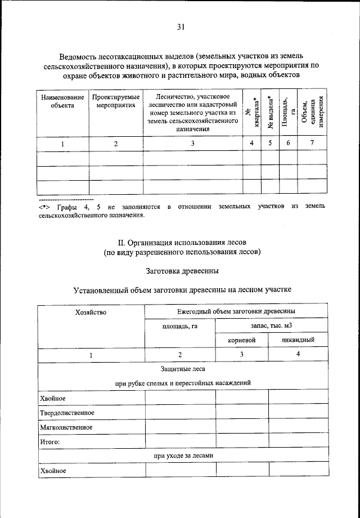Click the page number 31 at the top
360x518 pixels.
[x=181, y=27]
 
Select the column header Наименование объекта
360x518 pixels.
[x=62, y=101]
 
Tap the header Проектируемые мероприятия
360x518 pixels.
[x=116, y=101]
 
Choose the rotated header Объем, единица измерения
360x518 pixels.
[x=313, y=113]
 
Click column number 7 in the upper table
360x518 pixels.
[x=312, y=144]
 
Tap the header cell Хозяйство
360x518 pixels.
[x=91, y=312]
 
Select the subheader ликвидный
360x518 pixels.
[x=298, y=340]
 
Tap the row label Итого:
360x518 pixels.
[x=50, y=442]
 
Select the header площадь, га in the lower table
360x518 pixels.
[x=179, y=325]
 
